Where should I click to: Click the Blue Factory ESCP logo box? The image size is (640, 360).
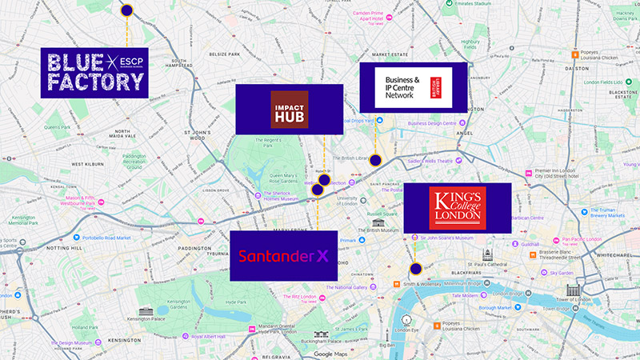[x=94, y=72]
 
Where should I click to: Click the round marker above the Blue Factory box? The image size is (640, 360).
[x=126, y=10]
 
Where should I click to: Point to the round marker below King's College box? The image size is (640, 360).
[x=415, y=269]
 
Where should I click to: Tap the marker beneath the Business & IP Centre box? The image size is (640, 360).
[x=374, y=161]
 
